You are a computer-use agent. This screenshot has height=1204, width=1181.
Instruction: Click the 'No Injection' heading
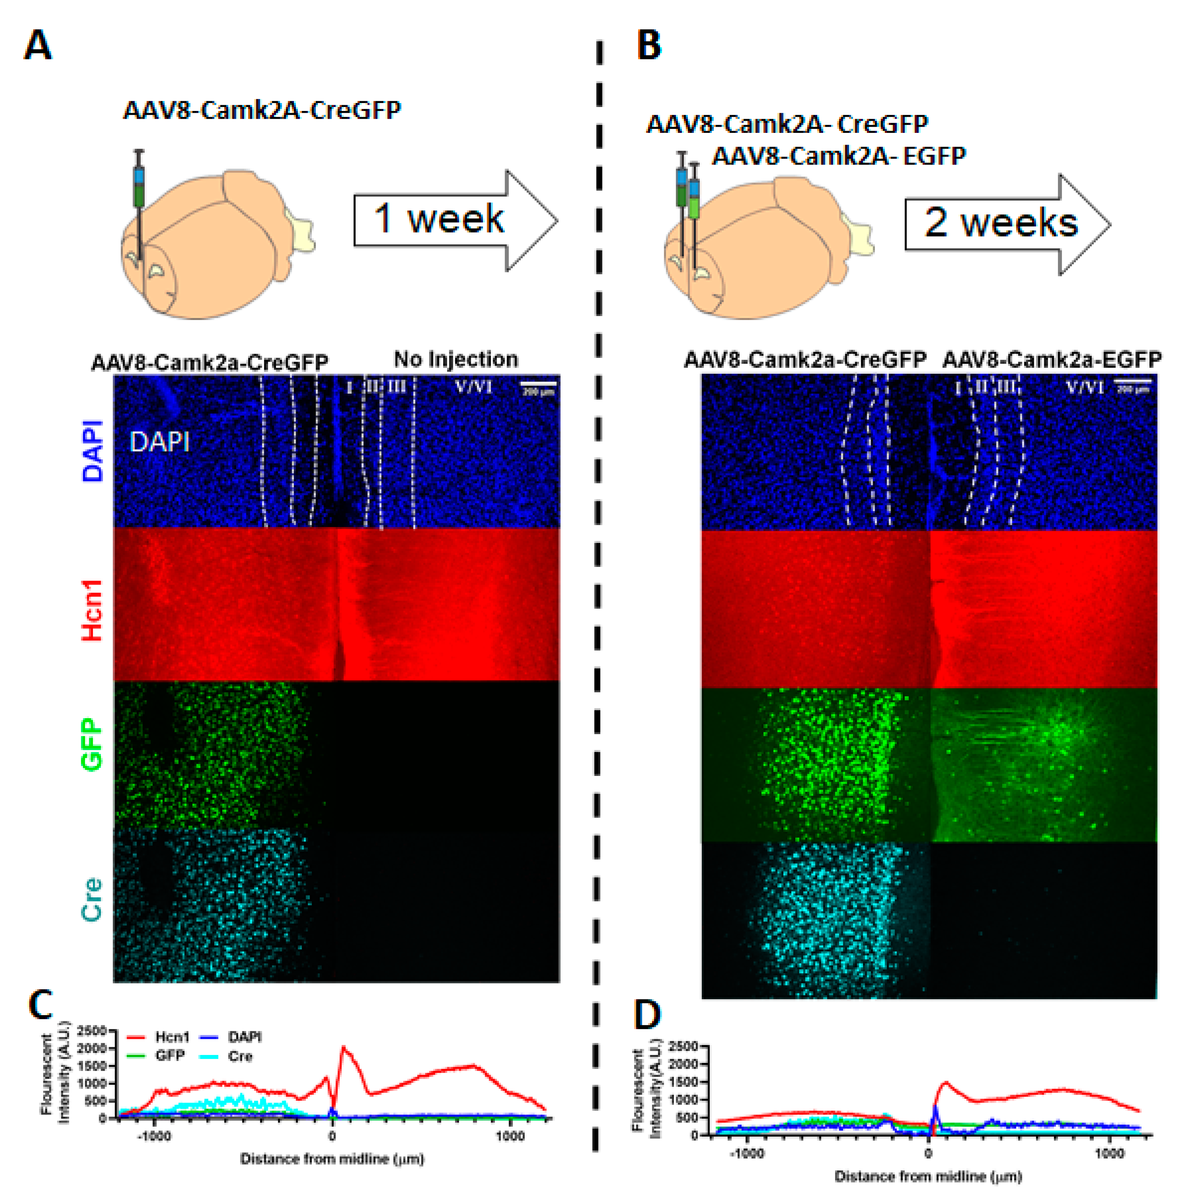tap(456, 359)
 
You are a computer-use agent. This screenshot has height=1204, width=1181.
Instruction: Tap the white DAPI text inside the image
tap(159, 442)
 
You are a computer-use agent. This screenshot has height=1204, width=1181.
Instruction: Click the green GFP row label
tap(92, 745)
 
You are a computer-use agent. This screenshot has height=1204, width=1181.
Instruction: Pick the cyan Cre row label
tap(92, 899)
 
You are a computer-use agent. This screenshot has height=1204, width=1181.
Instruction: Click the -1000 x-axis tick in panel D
tap(746, 1153)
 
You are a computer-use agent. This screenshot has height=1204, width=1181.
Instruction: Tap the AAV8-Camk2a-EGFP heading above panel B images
tap(1051, 360)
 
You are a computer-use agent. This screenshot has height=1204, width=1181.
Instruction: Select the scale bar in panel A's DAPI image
tap(538, 386)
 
